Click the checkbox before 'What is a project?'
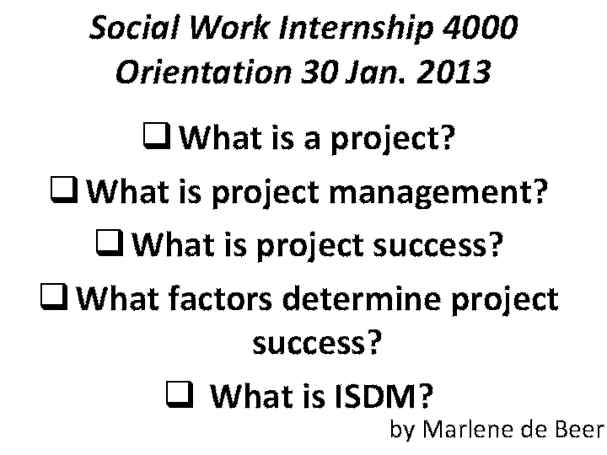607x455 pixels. tap(158, 135)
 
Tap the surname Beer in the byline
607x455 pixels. tap(578, 430)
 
